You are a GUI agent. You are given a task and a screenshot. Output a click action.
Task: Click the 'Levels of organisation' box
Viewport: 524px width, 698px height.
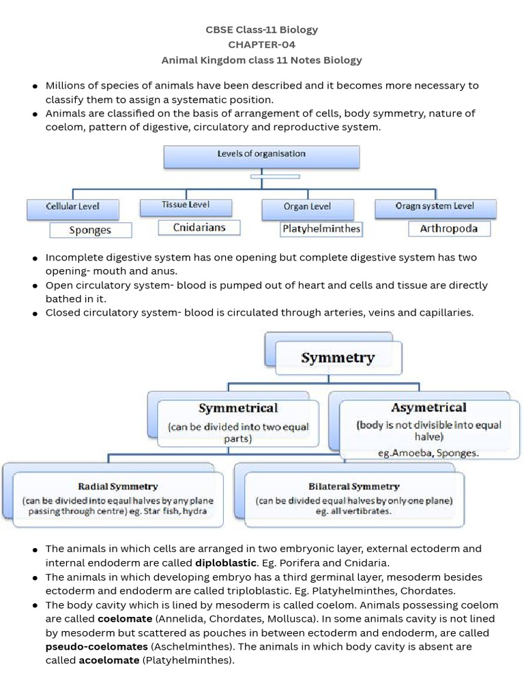point(261,156)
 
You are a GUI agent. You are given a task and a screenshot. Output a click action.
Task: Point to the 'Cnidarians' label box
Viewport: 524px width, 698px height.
point(199,228)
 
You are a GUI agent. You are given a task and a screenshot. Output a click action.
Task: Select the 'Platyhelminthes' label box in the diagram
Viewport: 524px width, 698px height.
point(321,229)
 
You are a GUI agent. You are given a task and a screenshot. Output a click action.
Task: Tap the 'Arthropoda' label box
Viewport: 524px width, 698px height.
point(449,228)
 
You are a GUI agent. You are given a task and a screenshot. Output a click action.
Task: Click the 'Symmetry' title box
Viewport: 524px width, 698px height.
point(338,358)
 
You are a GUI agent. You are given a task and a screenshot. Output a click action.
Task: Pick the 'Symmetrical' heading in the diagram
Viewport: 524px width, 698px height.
point(238,408)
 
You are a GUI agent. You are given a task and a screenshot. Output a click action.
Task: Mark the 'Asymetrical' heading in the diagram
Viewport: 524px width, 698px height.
point(428,408)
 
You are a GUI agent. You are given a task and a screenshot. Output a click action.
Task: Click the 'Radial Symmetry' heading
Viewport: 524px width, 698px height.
point(117,487)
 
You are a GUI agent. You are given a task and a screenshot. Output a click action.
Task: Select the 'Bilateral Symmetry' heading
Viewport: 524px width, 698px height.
point(353,487)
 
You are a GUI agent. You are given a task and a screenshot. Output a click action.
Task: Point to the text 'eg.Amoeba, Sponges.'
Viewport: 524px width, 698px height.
point(428,453)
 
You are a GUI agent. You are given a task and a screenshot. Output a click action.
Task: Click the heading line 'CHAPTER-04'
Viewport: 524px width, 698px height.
point(261,45)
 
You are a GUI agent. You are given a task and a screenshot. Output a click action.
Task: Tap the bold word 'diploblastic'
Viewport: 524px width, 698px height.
point(226,563)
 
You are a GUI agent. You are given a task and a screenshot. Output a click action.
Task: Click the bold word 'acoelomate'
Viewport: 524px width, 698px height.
point(109,660)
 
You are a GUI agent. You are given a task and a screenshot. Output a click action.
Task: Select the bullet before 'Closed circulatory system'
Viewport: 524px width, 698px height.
point(34,314)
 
